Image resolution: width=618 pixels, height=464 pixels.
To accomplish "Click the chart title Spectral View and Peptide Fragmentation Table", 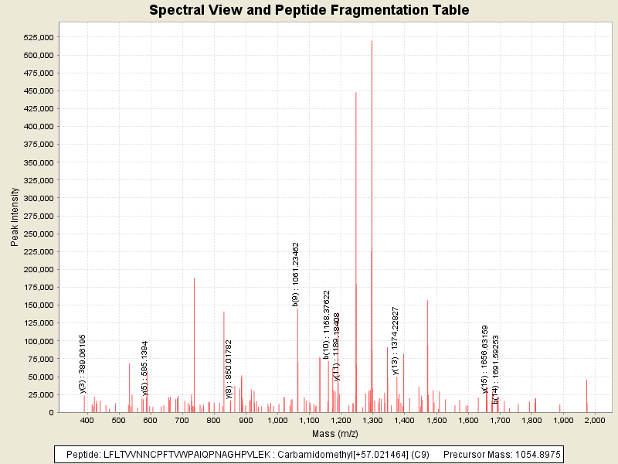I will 309,11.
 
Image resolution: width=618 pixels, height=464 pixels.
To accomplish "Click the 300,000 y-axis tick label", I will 38,198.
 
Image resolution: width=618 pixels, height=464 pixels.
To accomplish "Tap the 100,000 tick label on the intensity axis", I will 38,341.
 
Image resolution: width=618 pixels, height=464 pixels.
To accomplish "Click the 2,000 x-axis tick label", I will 595,421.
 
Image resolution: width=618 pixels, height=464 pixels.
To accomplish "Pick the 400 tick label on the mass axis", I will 87,421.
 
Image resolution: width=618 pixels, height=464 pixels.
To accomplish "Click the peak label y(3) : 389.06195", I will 83,363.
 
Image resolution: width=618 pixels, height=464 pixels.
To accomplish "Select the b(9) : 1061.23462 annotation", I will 296,274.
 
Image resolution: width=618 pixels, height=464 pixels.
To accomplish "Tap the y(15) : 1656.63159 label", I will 484,359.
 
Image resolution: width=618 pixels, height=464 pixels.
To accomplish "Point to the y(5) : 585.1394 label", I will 144,368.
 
